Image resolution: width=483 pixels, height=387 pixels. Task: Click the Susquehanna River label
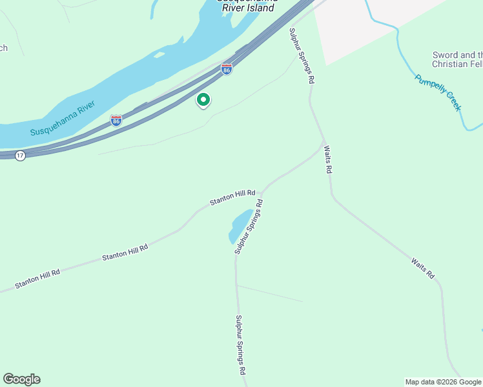[63, 118]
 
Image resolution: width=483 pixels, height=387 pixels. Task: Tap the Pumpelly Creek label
[438, 93]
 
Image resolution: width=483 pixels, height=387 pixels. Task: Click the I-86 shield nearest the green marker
[227, 69]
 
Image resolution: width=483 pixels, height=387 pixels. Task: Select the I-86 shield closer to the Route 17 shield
[116, 121]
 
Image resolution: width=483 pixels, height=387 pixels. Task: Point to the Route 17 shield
[20, 156]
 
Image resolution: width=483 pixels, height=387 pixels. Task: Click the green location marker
[203, 100]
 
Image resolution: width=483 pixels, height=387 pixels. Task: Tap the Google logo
[21, 379]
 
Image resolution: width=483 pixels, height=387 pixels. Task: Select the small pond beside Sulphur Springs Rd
[240, 226]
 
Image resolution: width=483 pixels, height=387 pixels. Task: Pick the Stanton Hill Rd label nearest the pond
[232, 197]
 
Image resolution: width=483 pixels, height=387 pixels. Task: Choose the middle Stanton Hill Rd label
[125, 252]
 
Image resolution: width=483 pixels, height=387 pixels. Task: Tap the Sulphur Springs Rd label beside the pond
[249, 226]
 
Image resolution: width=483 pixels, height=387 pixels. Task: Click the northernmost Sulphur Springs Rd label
[302, 56]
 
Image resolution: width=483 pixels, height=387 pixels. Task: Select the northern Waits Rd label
[328, 159]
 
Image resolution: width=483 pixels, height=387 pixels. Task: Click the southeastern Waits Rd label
[422, 268]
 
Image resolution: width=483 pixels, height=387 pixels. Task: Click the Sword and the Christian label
[457, 59]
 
